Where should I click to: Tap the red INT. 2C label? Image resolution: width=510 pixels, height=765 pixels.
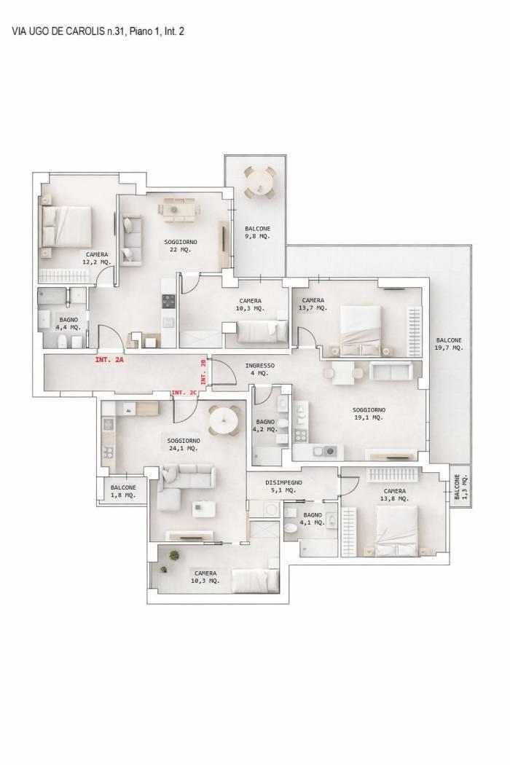[184, 393]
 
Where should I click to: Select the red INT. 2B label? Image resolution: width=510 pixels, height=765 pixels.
[203, 372]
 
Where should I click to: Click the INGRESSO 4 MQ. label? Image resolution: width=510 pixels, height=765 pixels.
[259, 369]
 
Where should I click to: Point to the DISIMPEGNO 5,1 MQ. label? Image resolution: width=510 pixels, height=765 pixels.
[283, 486]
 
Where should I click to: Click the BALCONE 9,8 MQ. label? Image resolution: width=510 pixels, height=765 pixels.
[258, 232]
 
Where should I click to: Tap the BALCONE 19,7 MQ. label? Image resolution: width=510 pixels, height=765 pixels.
[449, 344]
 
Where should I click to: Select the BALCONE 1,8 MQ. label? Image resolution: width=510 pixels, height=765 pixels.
[123, 491]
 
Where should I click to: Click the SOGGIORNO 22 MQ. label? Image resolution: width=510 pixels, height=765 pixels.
[181, 246]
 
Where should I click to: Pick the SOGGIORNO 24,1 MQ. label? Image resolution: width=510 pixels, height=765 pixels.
[184, 444]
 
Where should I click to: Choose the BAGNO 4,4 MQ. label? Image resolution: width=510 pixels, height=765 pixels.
[68, 323]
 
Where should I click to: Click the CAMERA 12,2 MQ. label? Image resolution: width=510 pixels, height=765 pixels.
[97, 258]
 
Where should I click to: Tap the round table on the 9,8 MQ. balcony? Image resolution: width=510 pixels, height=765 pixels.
[259, 182]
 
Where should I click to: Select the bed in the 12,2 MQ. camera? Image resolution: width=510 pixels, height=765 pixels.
[66, 228]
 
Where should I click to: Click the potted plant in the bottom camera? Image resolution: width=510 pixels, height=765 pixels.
[173, 555]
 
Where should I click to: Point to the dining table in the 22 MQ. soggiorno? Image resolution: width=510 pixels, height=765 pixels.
[178, 209]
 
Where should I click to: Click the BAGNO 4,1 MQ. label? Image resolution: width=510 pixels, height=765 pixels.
[313, 519]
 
